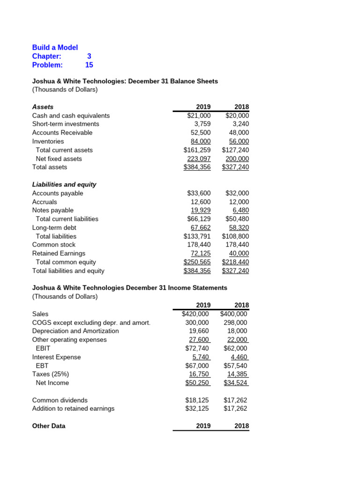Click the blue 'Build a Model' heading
pyautogui.click(x=55, y=47)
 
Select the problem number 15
pyautogui.click(x=89, y=65)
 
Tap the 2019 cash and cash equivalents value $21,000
pyautogui.click(x=199, y=115)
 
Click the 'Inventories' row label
pyautogui.click(x=48, y=141)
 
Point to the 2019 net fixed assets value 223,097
pyautogui.click(x=199, y=158)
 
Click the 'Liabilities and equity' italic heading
pyautogui.click(x=64, y=184)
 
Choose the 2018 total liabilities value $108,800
pyautogui.click(x=235, y=236)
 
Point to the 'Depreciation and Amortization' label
pyautogui.click(x=75, y=331)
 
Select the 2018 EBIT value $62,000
pyautogui.click(x=235, y=348)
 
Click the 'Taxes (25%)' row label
pyautogui.click(x=50, y=374)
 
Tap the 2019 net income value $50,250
pyautogui.click(x=197, y=383)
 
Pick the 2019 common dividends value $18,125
pyautogui.click(x=197, y=400)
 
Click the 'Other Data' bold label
pyautogui.click(x=49, y=426)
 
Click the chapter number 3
pyautogui.click(x=89, y=56)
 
